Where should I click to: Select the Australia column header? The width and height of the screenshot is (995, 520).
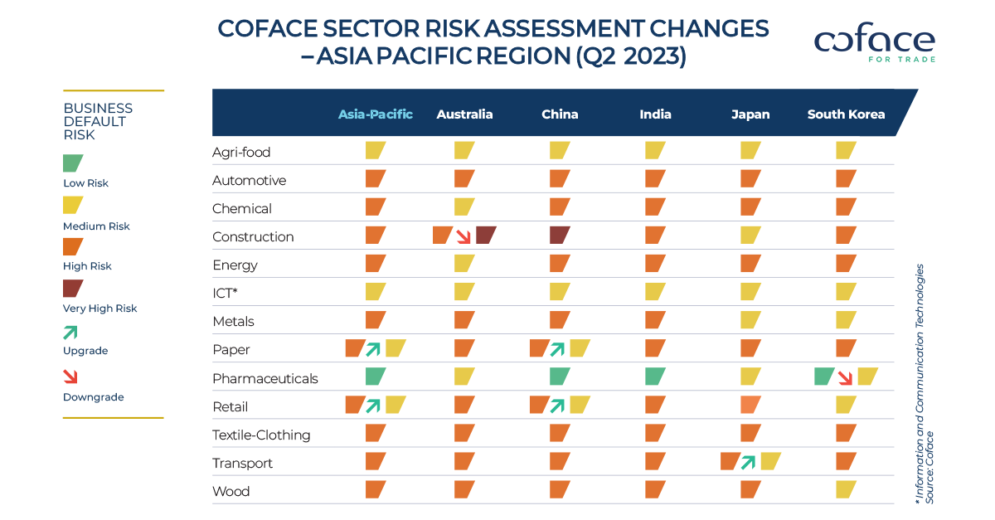(x=464, y=114)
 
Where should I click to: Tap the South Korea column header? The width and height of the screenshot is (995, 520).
(x=846, y=114)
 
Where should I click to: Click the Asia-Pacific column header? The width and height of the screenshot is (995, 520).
(x=375, y=114)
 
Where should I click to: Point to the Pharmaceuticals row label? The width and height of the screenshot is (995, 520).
(x=265, y=378)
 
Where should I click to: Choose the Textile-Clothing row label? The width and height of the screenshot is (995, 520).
(x=261, y=435)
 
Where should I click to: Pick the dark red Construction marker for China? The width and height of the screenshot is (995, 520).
(x=560, y=236)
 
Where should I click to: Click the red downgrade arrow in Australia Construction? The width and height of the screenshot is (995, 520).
(x=464, y=236)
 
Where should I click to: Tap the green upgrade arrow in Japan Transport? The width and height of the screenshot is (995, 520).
(x=750, y=462)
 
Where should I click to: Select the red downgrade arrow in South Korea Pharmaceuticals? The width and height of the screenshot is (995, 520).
(x=846, y=377)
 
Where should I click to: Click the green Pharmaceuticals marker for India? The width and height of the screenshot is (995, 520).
(x=655, y=377)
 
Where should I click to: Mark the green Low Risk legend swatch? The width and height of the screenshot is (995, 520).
(x=73, y=163)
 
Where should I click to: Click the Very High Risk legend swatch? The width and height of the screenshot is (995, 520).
(x=73, y=288)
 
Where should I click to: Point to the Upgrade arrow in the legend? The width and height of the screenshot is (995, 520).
(x=71, y=332)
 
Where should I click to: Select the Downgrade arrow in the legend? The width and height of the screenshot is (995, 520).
(x=71, y=377)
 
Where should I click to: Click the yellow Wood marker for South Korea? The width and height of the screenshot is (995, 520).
(x=846, y=490)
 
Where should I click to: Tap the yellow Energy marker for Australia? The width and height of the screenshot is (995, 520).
(x=464, y=264)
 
